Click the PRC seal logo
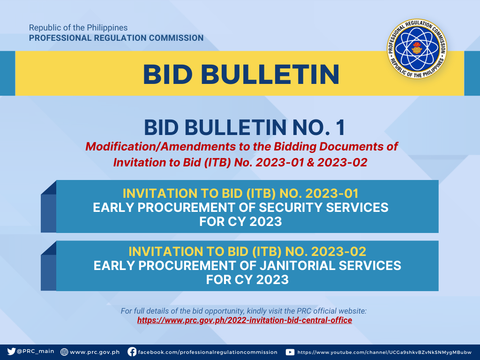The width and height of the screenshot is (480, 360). click(417, 49)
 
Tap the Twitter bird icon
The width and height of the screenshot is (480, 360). click(11, 352)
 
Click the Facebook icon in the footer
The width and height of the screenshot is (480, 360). click(132, 352)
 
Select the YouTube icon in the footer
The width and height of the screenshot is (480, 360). click(290, 352)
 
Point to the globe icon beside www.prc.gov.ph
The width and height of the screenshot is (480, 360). click(64, 352)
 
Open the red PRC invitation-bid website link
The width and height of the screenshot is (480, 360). click(245, 320)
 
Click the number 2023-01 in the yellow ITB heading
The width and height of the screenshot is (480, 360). click(332, 194)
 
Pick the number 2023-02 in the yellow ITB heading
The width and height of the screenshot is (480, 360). click(338, 252)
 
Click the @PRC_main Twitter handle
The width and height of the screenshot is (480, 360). click(35, 352)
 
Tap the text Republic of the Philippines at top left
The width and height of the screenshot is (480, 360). click(78, 28)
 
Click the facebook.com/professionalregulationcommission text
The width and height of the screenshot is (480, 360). click(208, 352)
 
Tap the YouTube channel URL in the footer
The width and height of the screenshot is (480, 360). click(384, 352)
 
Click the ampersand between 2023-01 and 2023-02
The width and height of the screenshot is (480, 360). click(310, 163)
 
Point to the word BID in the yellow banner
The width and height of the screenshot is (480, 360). click(168, 74)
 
